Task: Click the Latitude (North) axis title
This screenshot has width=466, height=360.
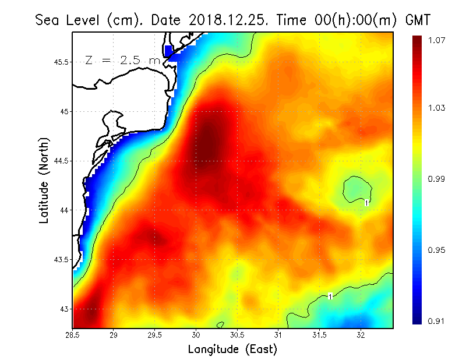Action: point(45,181)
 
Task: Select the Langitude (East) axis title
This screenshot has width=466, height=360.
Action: point(232,349)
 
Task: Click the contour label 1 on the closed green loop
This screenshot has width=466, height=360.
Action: point(366,203)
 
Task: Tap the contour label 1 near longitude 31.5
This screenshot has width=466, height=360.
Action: point(330,297)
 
